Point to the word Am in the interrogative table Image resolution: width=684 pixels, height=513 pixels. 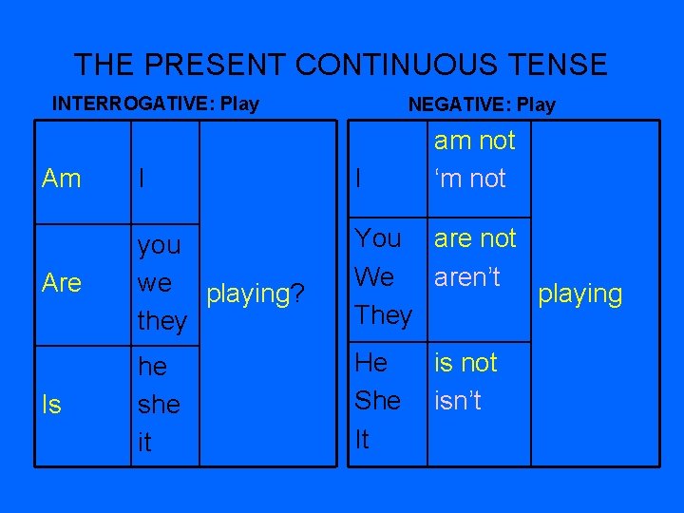[x=62, y=179]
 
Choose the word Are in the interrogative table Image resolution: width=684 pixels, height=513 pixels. [x=63, y=283]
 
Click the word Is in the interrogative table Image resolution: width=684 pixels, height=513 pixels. [x=52, y=405]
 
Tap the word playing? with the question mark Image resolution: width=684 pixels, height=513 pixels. [x=256, y=294]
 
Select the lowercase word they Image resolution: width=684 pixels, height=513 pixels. [x=161, y=321]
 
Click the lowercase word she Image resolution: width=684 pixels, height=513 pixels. [x=159, y=405]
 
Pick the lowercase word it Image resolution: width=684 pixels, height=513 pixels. [x=144, y=443]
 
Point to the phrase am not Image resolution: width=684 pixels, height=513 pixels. [x=474, y=141]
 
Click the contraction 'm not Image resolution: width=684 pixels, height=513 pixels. [x=469, y=179]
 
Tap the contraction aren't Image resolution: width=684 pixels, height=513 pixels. [x=467, y=276]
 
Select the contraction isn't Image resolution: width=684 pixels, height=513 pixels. [x=458, y=401]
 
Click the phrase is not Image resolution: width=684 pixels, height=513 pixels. [x=465, y=362]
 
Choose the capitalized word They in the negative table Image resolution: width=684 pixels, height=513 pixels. [x=383, y=314]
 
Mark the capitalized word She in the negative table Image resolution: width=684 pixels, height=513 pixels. [x=377, y=401]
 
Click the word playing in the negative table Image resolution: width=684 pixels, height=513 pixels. [x=579, y=294]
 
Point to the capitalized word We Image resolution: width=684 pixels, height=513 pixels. [x=374, y=276]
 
